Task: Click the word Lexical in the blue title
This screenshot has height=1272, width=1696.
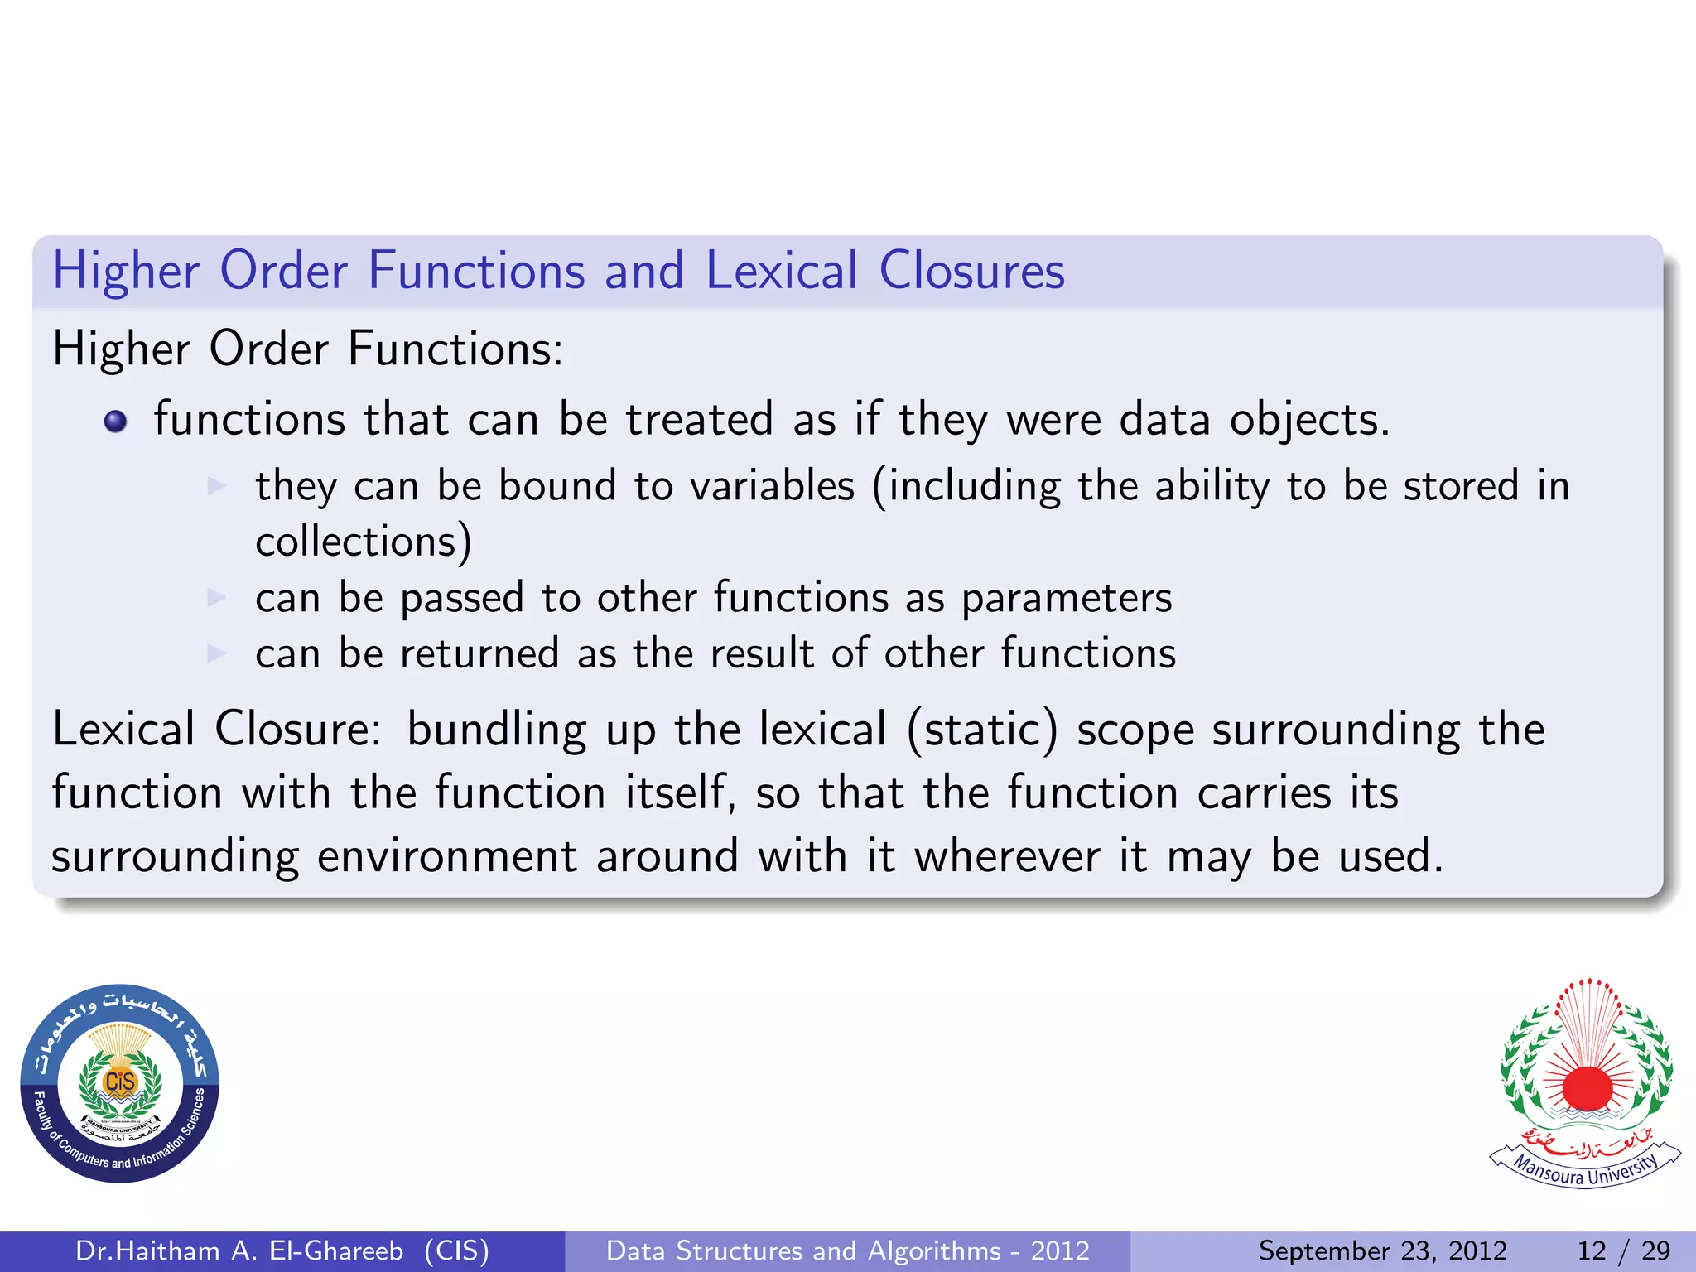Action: point(782,271)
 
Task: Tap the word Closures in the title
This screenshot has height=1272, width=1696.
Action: point(971,271)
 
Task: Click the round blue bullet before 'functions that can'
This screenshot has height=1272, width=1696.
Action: point(116,422)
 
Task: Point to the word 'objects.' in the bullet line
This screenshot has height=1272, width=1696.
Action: point(1309,419)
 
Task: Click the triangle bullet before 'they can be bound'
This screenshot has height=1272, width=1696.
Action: point(216,485)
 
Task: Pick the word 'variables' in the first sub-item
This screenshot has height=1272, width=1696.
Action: point(772,485)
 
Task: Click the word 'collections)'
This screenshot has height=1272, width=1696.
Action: point(364,542)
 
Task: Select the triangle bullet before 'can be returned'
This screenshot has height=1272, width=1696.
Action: point(216,653)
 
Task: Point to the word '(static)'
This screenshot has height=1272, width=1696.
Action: point(982,730)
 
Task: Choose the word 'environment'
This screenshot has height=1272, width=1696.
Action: point(447,856)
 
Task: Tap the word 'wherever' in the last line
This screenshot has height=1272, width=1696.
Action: point(1007,856)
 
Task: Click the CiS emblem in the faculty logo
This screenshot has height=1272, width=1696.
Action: point(120,1082)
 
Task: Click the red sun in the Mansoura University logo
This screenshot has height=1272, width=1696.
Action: point(1587,1087)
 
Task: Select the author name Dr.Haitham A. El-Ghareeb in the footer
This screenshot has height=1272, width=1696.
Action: point(239,1250)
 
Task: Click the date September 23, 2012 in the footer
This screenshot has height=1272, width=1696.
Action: point(1382,1250)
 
